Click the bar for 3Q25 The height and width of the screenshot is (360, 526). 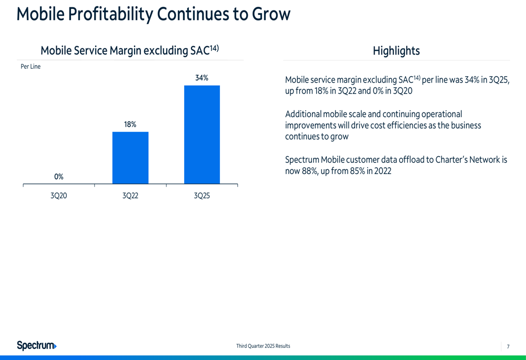[201, 135]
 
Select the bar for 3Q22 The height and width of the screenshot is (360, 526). [130, 158]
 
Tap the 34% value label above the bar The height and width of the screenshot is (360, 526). [201, 78]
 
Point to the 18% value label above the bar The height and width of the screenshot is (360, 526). [130, 125]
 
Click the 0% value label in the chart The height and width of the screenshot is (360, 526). [59, 177]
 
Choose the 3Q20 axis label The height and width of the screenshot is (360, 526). [59, 196]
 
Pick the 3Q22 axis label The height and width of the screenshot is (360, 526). [130, 196]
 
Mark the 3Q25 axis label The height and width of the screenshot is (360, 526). [202, 196]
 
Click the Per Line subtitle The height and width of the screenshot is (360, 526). [31, 67]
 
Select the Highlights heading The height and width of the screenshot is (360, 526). [396, 51]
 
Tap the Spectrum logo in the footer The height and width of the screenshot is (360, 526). [36, 345]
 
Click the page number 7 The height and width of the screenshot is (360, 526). [508, 346]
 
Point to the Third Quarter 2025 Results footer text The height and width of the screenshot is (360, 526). [263, 346]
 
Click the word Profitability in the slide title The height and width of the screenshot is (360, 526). [109, 14]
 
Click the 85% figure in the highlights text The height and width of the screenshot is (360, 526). [351, 171]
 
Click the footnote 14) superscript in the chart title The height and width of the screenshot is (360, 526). [214, 48]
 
